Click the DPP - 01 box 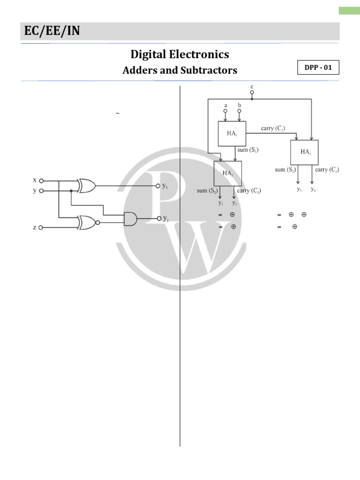click(x=318, y=67)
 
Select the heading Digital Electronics click(x=180, y=54)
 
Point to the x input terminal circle click(x=41, y=180)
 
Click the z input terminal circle click(x=41, y=227)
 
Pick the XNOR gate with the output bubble click(x=88, y=222)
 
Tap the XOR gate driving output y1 click(x=87, y=186)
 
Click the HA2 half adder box click(x=228, y=173)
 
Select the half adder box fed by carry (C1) click(x=304, y=151)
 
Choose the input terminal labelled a click(x=225, y=112)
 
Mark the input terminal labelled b click(x=239, y=112)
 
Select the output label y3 click(x=299, y=189)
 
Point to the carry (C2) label click(x=249, y=191)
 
